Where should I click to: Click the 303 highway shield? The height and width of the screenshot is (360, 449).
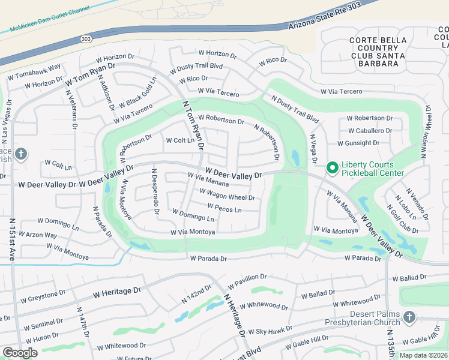pyautogui.click(x=86, y=38)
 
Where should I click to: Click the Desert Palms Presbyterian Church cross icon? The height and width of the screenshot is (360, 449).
pyautogui.click(x=409, y=317)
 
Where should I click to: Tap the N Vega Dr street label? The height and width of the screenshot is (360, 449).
pyautogui.click(x=313, y=148)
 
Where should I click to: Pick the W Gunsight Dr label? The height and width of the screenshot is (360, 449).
pyautogui.click(x=358, y=143)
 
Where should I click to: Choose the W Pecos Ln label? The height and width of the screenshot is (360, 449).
pyautogui.click(x=224, y=208)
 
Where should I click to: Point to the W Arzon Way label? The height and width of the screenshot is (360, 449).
pyautogui.click(x=38, y=235)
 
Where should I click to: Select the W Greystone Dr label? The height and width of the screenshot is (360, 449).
pyautogui.click(x=43, y=296)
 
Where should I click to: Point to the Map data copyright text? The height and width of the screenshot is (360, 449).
pyautogui.click(x=423, y=355)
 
